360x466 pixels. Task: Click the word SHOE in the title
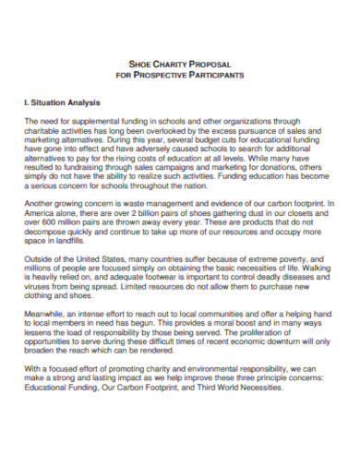click(139, 64)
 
